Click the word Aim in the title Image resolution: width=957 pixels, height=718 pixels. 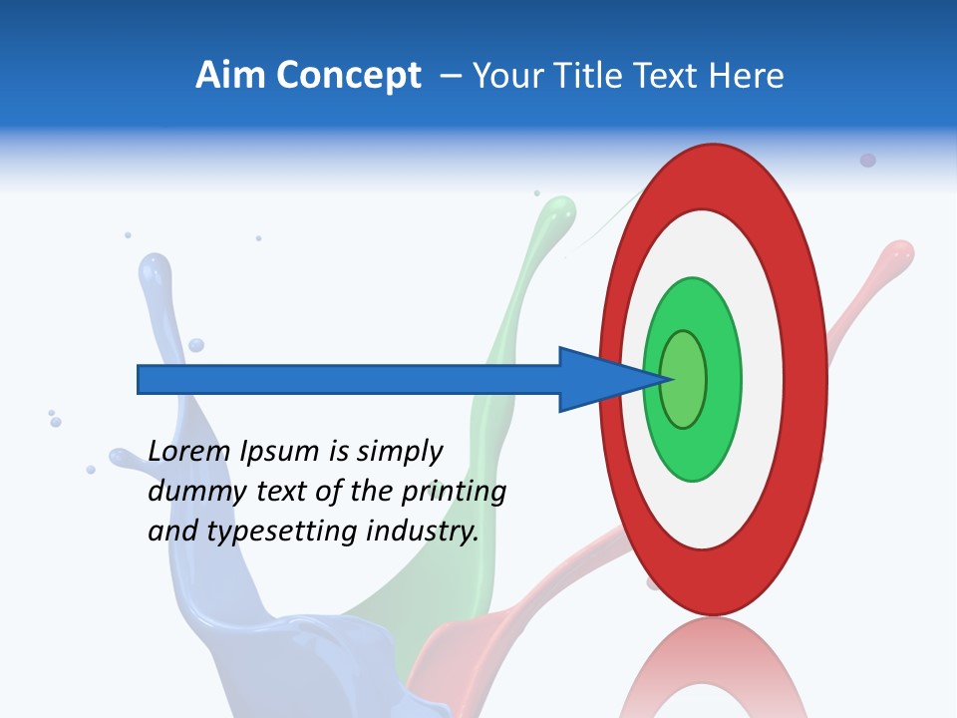[x=231, y=76]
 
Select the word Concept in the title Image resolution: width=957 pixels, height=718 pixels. [x=348, y=76]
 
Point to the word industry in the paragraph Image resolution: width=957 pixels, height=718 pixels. [x=419, y=532]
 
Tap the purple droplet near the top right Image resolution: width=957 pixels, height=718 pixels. [x=867, y=161]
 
